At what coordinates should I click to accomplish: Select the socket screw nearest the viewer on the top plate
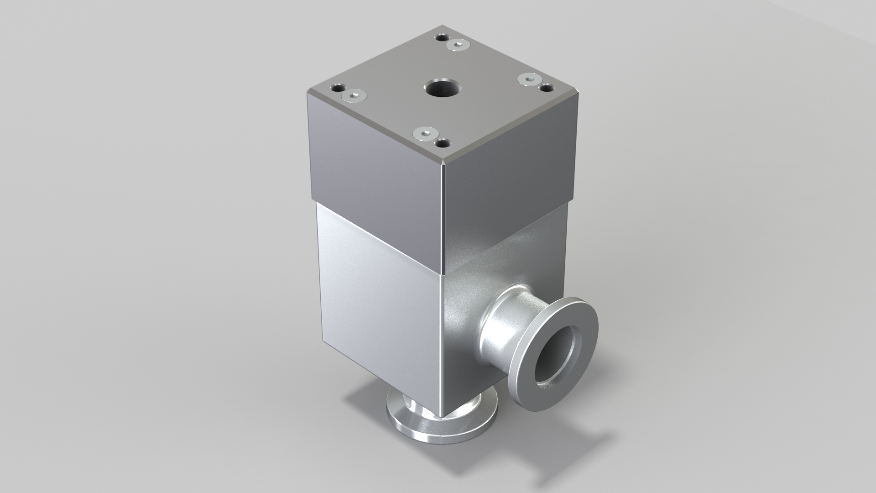coord(105,133)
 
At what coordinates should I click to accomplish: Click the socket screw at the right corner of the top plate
coord(529,79)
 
